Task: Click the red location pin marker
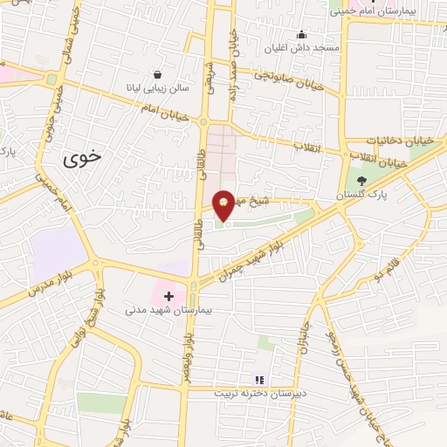[x=224, y=204]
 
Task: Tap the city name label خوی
[x=83, y=158]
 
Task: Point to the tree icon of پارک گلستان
[x=362, y=182]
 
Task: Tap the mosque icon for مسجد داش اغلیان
[x=302, y=35]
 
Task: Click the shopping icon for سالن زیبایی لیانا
[x=157, y=75]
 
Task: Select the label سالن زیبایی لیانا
[x=157, y=88]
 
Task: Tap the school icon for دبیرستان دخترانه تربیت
[x=258, y=380]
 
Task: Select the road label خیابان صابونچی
[x=289, y=79]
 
